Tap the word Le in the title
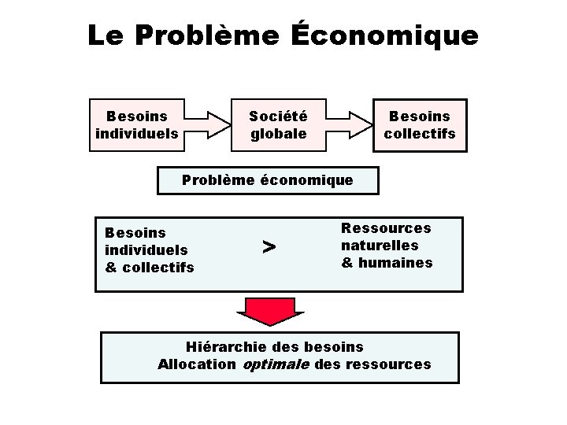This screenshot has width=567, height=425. pos(106,35)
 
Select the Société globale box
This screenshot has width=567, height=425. pos(278,124)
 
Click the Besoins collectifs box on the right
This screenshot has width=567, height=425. pos(420,124)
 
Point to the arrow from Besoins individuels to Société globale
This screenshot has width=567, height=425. pos(206,124)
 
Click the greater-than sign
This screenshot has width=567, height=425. pos(269,247)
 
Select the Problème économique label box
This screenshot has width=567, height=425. pos(268,180)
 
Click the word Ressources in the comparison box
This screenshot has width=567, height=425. pos(386,228)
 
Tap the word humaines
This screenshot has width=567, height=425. pos(395,263)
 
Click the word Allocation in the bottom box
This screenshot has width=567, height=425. pos(196,364)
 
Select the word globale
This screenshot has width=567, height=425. pos(278,134)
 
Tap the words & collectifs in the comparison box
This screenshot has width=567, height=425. pos(150,268)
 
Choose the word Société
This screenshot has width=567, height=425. pos(278,116)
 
